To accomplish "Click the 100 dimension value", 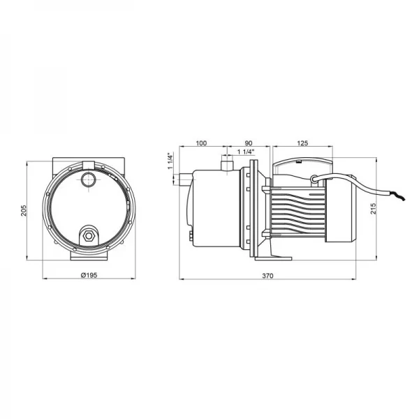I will click(x=202, y=143).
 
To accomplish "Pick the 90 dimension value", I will click(x=249, y=143).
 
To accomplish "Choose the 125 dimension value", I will click(x=302, y=143).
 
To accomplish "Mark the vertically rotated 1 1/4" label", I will click(x=170, y=162).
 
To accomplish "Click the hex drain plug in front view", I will click(x=88, y=235).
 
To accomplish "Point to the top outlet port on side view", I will click(x=225, y=165).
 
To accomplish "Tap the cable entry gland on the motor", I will click(x=318, y=179).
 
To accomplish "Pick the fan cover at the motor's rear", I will click(x=343, y=209).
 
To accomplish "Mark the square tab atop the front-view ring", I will click(x=88, y=164).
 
